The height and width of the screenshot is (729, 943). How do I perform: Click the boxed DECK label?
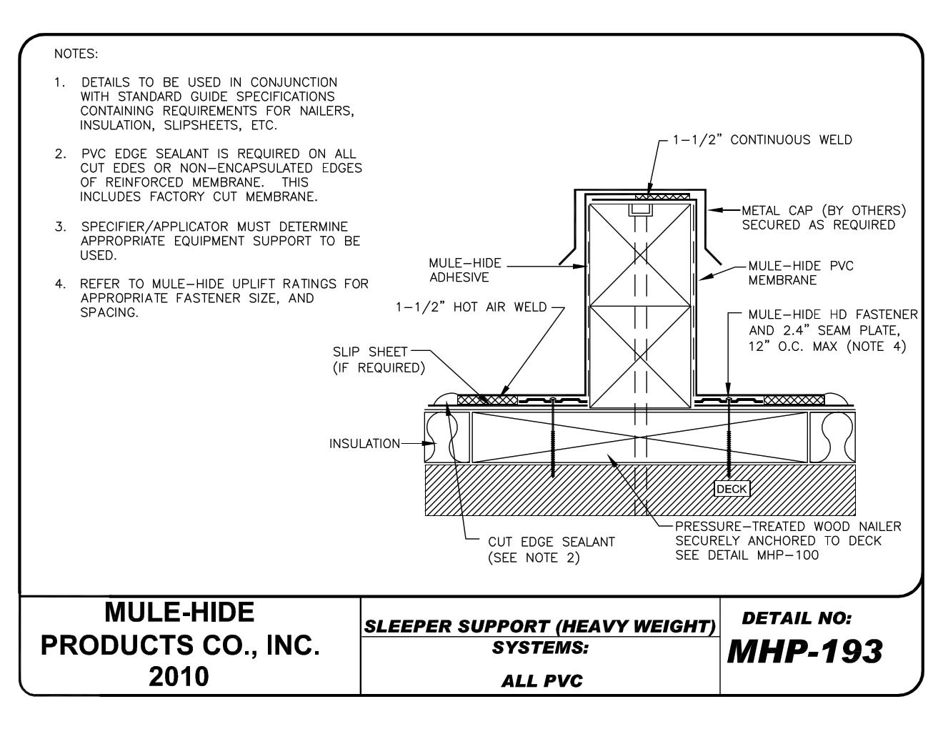click(732, 489)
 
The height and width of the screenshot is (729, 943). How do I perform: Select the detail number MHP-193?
click(804, 651)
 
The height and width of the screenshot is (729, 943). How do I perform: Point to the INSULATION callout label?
click(364, 444)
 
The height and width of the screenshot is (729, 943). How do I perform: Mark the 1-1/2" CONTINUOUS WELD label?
click(762, 140)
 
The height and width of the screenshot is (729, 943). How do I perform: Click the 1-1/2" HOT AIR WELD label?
click(471, 307)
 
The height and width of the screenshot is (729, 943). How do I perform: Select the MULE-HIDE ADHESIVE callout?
click(465, 271)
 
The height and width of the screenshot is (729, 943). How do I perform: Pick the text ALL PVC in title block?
click(542, 680)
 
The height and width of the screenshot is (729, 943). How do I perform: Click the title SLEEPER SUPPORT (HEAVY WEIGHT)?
click(540, 627)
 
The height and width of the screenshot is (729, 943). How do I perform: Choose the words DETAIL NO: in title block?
click(797, 618)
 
